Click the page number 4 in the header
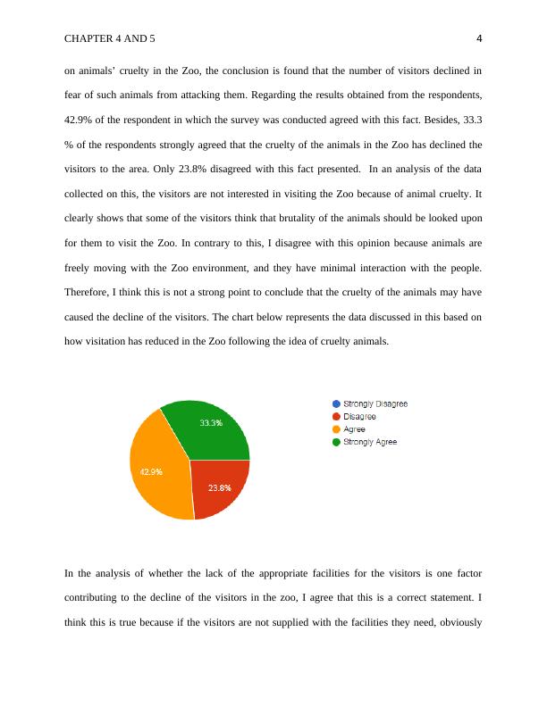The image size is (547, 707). point(479,38)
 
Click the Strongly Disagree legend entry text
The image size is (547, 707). point(375,403)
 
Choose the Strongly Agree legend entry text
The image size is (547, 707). point(370,442)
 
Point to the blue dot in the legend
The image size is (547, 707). point(336,403)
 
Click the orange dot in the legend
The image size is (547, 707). point(336,429)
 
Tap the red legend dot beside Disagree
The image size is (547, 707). point(336,416)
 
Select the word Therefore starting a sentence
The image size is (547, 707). point(88,292)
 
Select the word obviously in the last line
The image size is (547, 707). point(458,622)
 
